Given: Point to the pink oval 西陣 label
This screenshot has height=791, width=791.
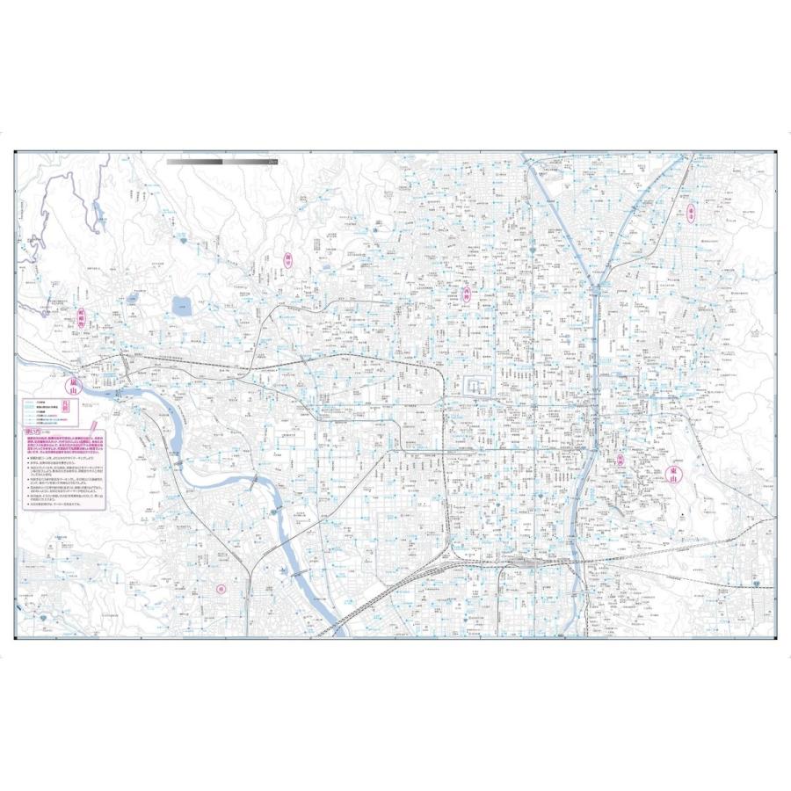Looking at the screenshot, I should pyautogui.click(x=467, y=295).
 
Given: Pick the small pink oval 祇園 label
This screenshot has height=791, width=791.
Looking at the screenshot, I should pyautogui.click(x=620, y=459).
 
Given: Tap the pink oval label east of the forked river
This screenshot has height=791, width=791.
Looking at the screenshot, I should pyautogui.click(x=692, y=213).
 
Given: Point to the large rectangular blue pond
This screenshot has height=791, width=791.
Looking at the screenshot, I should pyautogui.click(x=184, y=306).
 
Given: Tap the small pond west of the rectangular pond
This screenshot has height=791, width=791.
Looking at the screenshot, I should pyautogui.click(x=132, y=298).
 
